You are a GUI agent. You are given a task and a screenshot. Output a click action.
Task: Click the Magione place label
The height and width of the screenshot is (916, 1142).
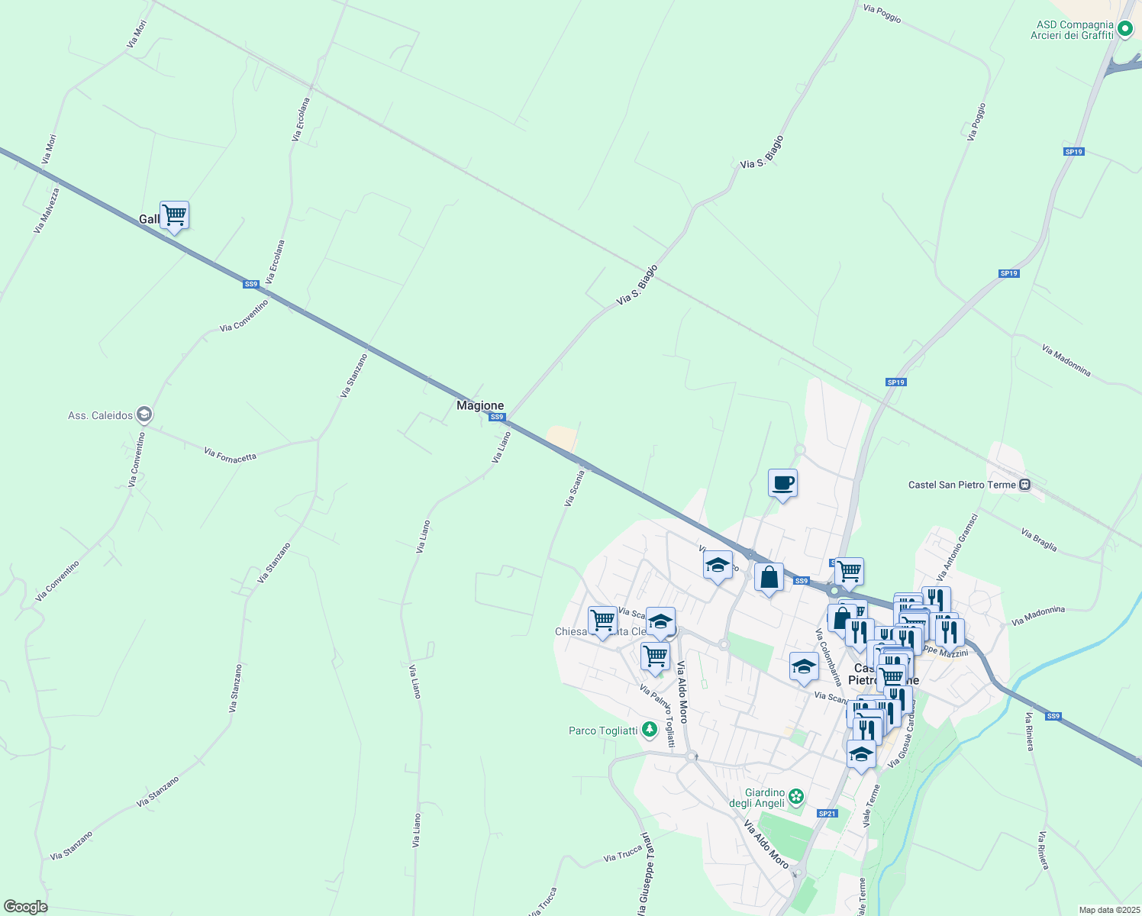click(480, 405)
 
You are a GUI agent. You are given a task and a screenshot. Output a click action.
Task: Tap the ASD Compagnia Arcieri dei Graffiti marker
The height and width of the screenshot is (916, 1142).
click(1124, 30)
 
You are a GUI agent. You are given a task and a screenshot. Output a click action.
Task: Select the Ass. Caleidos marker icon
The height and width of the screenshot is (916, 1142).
click(145, 415)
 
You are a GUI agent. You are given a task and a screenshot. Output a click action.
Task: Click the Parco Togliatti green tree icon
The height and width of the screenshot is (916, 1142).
click(650, 731)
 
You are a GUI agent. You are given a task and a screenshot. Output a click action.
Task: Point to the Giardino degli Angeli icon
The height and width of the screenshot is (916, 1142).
click(796, 797)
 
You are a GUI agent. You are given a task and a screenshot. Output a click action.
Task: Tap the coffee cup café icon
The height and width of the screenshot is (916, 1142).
click(782, 483)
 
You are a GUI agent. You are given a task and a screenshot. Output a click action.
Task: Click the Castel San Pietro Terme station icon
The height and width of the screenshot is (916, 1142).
click(1024, 485)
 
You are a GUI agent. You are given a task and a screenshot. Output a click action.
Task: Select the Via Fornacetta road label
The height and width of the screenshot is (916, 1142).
click(230, 455)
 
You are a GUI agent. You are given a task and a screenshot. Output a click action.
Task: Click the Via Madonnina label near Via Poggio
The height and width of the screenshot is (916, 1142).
click(1066, 361)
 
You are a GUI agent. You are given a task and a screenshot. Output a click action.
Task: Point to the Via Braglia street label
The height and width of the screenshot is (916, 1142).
click(1039, 540)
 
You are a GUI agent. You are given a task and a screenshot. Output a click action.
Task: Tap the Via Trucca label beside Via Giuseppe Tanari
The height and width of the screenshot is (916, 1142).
click(622, 855)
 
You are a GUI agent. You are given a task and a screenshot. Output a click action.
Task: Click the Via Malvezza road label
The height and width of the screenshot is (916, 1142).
click(47, 210)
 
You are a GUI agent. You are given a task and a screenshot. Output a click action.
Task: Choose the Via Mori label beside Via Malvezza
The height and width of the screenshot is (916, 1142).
click(49, 150)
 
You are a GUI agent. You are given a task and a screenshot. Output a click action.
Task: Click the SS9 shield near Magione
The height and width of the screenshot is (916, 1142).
click(497, 417)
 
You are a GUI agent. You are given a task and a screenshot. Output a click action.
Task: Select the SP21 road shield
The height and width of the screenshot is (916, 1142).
click(827, 814)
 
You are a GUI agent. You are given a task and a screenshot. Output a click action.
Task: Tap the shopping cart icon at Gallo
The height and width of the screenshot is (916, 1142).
click(174, 215)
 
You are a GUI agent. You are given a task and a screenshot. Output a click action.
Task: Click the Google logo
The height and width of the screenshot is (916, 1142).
click(25, 907)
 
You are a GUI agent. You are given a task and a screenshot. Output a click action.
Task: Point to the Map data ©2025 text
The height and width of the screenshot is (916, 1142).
click(1108, 910)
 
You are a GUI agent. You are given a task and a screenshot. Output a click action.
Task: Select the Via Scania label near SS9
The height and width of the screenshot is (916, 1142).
click(574, 489)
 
